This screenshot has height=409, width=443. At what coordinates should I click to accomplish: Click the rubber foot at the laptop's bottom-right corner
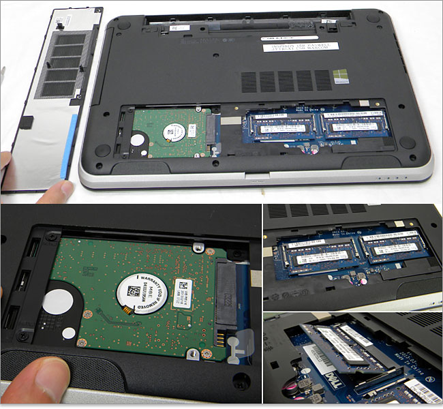tap(407, 142)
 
